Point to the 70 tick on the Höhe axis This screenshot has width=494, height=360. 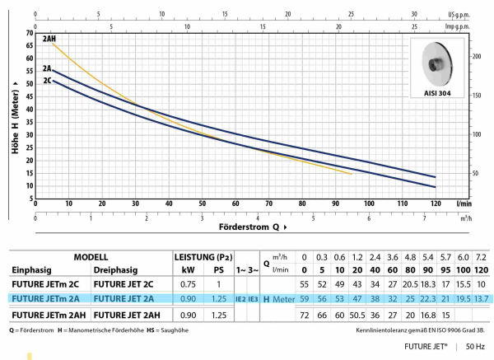point(28,32)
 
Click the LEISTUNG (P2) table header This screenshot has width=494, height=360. point(202,256)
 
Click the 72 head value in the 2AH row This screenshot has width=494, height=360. point(305,314)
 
